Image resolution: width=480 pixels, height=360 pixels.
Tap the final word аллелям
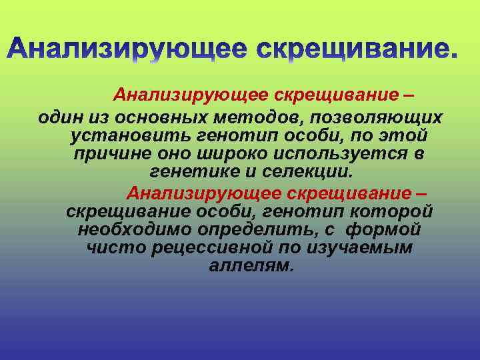(x=250, y=266)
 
